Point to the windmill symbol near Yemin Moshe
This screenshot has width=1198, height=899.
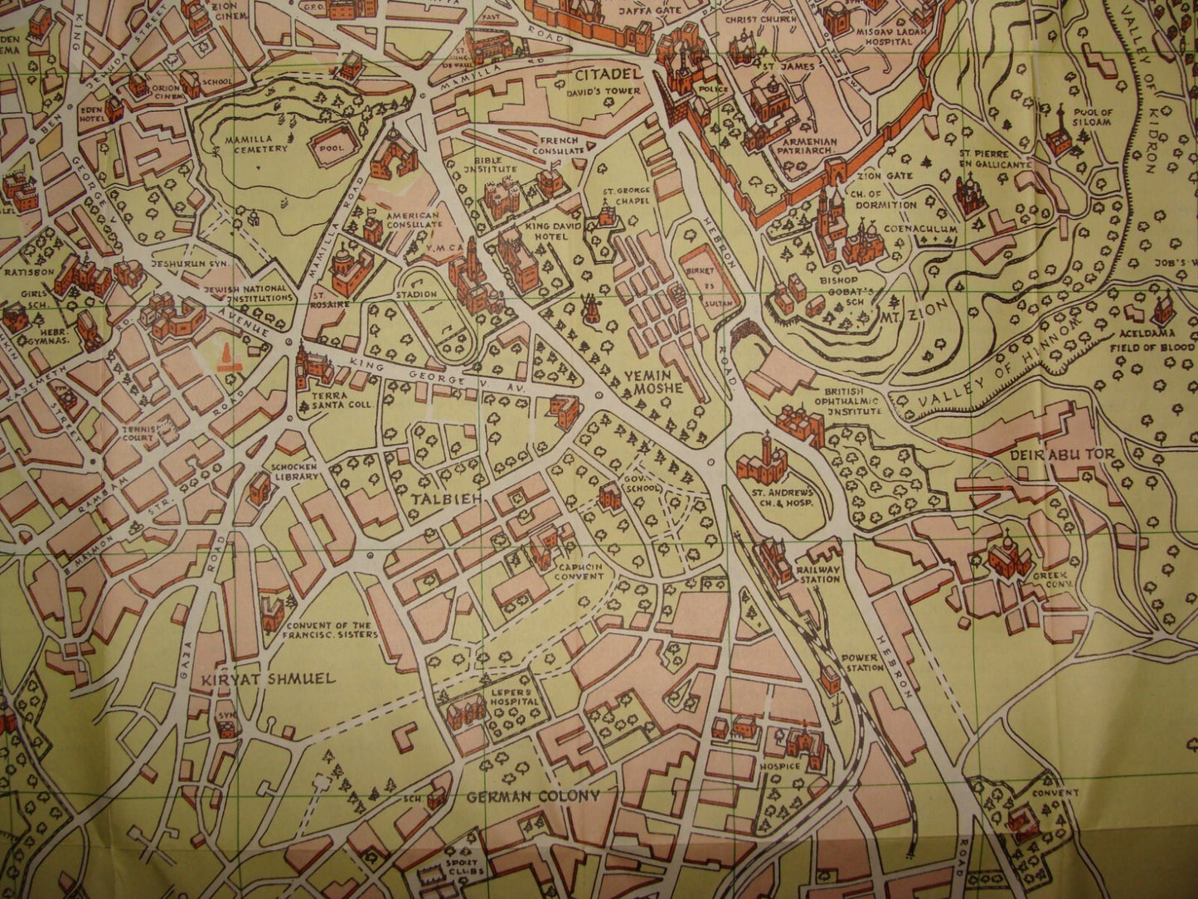pyautogui.click(x=589, y=308)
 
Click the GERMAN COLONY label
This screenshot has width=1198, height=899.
pyautogui.click(x=532, y=796)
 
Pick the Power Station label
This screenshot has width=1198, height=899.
pyautogui.click(x=860, y=662)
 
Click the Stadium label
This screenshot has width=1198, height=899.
pyautogui.click(x=417, y=295)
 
